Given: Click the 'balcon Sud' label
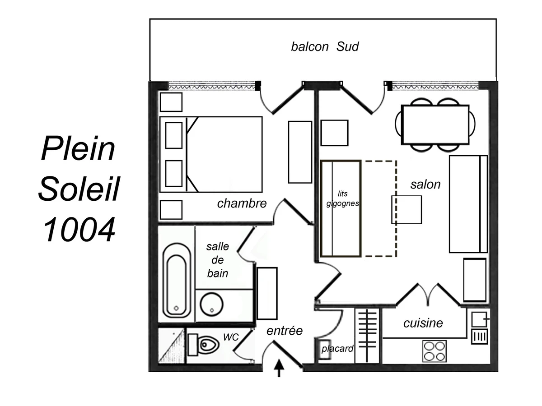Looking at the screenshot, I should (325, 46).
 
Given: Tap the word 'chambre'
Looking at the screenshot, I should (242, 203).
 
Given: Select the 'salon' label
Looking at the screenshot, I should (425, 184).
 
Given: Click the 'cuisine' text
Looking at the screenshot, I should (423, 323).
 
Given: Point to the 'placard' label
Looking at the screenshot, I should (337, 349).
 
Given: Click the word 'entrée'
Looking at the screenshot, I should (284, 330).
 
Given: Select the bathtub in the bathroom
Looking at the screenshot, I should (176, 280).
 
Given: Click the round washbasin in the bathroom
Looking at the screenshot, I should (211, 304).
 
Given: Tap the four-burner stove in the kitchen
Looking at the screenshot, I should (435, 351).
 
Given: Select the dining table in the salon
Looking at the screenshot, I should (435, 125).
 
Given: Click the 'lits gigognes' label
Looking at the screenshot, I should (342, 199).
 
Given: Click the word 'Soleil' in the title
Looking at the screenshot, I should (79, 189).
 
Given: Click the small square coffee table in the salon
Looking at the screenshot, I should (406, 209).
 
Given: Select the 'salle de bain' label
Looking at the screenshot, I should (217, 260).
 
